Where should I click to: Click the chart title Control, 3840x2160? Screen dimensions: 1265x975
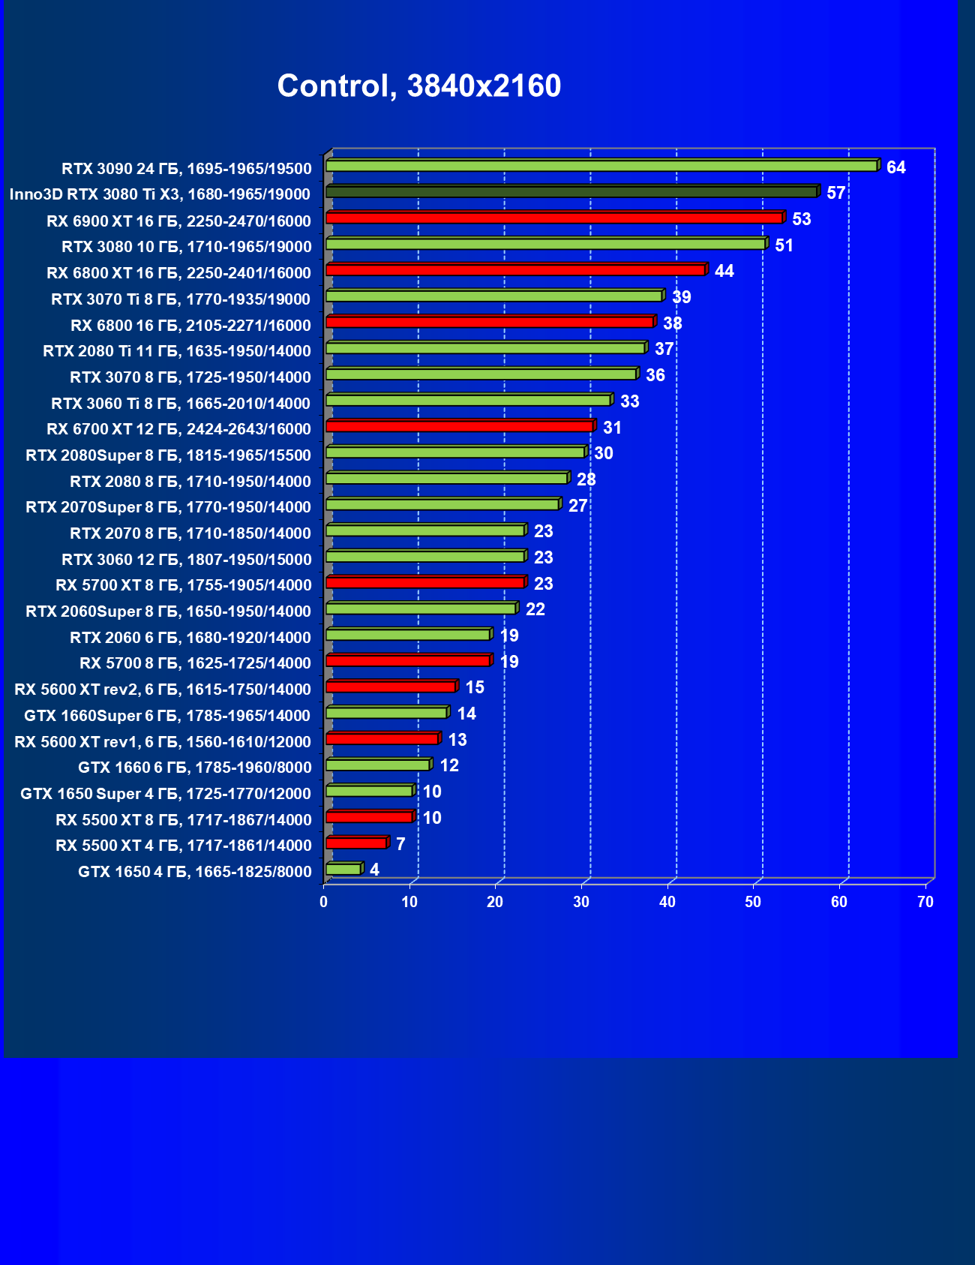418,86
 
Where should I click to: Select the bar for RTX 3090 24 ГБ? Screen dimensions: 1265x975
601,166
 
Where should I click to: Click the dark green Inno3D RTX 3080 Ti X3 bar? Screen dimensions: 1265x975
571,192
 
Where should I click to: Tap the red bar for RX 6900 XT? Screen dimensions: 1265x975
554,218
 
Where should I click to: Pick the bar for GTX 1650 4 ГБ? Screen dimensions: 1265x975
343,869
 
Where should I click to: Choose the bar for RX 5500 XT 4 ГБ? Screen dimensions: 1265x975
356,843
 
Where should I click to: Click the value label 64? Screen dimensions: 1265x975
895,167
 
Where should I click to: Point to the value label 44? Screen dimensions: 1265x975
724,271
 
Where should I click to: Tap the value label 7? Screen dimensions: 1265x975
400,844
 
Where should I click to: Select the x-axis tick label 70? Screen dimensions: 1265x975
925,902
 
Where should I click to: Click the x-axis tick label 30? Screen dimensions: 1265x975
581,902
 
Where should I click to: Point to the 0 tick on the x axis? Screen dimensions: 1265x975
324,902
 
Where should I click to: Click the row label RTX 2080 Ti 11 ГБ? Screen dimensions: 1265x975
177,351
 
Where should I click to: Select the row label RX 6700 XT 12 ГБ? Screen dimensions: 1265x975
178,429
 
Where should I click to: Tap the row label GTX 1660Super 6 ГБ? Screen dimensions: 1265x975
167,716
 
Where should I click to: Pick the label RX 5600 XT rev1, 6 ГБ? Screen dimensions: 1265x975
163,742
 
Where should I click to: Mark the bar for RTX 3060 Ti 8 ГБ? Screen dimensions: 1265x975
468,400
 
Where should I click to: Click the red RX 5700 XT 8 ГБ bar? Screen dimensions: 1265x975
425,582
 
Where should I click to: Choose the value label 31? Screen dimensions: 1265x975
612,428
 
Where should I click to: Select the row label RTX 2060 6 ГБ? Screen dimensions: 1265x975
190,638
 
